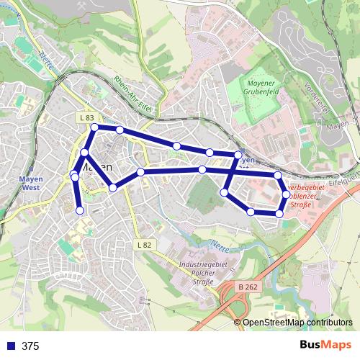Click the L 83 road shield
[x=87, y=117]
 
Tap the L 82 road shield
[x=144, y=245]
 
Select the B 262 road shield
[x=248, y=286]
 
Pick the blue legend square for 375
[x=10, y=346]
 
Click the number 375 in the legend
[x=30, y=346]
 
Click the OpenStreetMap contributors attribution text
[x=297, y=322]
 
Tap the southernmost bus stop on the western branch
[x=80, y=210]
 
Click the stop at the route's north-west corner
[x=94, y=127]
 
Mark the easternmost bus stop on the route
[x=286, y=194]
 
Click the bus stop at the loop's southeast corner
[x=279, y=214]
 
